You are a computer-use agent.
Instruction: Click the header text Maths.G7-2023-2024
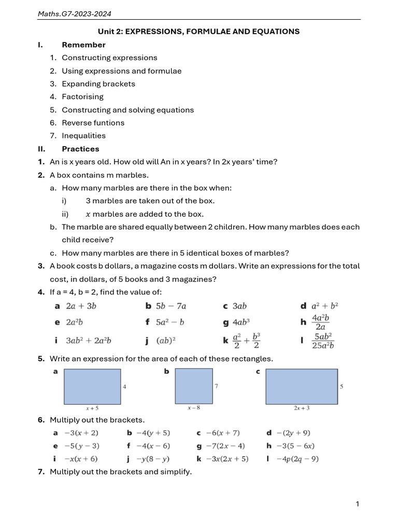(x=74, y=13)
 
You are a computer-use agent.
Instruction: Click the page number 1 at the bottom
(x=358, y=504)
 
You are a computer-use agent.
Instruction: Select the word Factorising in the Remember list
(x=82, y=97)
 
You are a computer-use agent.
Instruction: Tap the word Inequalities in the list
(x=83, y=136)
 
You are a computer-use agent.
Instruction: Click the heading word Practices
(x=80, y=149)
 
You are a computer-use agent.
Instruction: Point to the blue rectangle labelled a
(x=92, y=386)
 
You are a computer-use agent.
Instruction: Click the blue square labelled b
(x=194, y=386)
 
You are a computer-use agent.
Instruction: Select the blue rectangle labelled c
(x=301, y=386)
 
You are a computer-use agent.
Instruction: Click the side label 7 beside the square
(x=216, y=387)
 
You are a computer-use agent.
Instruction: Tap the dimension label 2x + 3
(x=302, y=408)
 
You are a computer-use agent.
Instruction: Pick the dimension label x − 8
(x=194, y=408)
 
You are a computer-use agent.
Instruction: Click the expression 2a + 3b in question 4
(x=81, y=306)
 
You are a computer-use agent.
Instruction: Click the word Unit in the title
(x=106, y=32)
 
